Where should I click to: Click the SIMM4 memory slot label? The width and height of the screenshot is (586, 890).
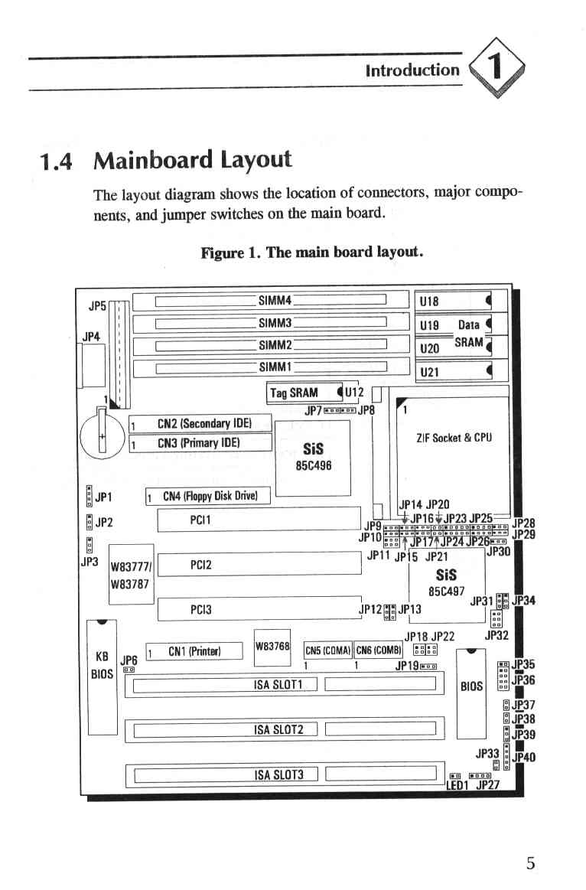coord(275,300)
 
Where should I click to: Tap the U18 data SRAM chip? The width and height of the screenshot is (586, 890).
coord(453,300)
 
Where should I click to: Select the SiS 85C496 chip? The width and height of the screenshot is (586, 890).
coord(313,458)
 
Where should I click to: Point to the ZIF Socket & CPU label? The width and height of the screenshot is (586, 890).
coord(454,438)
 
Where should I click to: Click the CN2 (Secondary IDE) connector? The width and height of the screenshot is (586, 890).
coord(200,424)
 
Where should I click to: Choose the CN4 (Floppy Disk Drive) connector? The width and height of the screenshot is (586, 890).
coord(207,496)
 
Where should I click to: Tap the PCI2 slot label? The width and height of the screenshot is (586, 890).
coord(201,565)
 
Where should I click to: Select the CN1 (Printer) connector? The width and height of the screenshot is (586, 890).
coord(194,651)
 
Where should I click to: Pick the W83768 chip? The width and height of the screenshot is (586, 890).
coord(272,647)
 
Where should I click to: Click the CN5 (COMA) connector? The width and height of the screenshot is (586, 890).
coord(328,650)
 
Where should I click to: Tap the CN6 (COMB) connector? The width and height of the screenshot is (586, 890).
coord(379,650)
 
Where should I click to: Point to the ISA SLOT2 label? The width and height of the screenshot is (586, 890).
coord(278,729)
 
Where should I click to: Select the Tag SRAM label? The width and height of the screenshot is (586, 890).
coord(294,393)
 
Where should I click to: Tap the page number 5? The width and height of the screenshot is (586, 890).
coord(530,864)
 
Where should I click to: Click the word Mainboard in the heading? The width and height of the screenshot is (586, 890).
coord(152,159)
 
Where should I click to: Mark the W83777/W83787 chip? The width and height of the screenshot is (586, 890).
coord(131,575)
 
